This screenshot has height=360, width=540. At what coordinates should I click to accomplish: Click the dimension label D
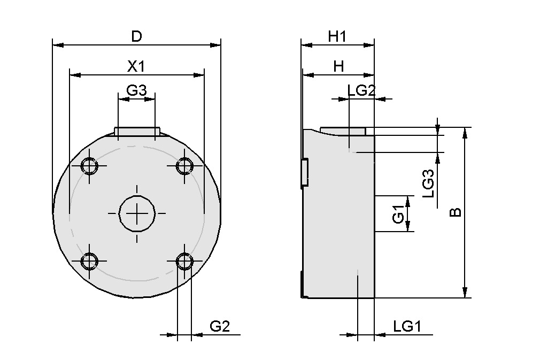137,36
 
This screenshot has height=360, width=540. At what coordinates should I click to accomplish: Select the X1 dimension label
136,66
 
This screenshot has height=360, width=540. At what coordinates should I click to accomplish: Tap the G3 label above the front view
136,90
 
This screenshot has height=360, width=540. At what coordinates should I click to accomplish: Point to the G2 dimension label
219,326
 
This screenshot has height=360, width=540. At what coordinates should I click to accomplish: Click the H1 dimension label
337,36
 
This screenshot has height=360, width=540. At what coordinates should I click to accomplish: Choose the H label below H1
338,66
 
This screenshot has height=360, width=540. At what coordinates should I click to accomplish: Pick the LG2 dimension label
361,90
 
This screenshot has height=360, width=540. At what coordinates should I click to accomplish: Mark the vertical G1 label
398,214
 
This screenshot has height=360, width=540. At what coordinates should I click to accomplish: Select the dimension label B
455,212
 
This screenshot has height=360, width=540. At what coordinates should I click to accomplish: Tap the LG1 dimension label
407,326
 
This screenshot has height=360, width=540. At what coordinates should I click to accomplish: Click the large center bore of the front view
137,213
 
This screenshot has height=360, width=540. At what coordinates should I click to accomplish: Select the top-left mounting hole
89,166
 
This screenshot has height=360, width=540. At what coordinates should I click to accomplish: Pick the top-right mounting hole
185,166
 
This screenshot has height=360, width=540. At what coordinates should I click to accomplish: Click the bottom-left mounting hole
89,261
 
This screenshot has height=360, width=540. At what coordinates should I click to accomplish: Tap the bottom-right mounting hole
185,261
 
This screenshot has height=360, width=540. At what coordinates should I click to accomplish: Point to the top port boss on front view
137,132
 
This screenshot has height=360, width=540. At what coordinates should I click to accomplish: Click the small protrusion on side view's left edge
304,173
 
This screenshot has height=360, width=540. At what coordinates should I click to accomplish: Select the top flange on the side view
343,131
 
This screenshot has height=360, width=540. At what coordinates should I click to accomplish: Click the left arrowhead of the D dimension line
56,45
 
